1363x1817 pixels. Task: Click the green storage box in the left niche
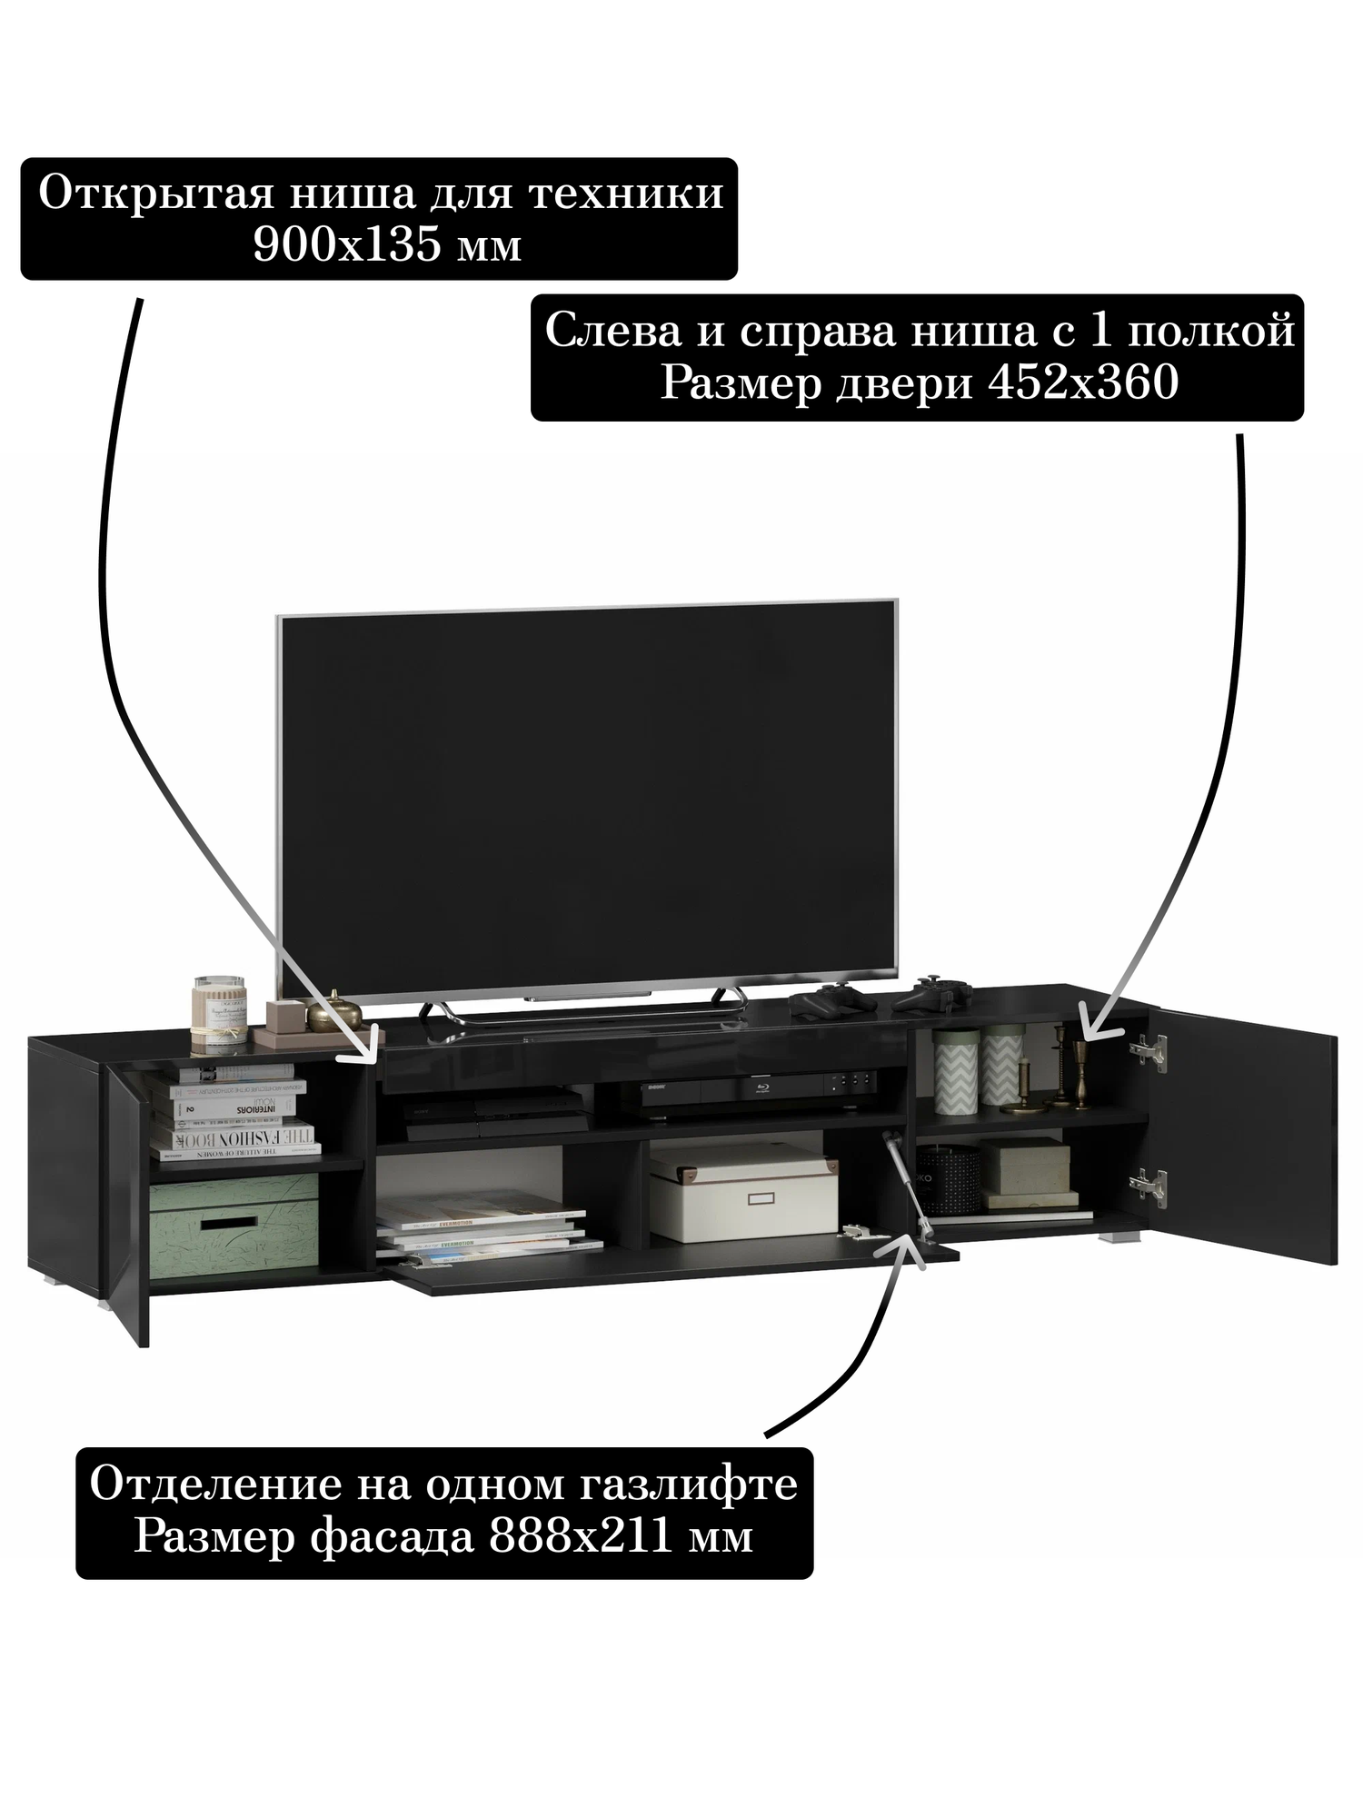pos(233,1219)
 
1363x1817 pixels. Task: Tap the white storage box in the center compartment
pos(743,1192)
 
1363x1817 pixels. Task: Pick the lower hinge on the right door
pos(1146,1182)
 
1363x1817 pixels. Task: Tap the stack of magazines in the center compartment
pos(486,1231)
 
